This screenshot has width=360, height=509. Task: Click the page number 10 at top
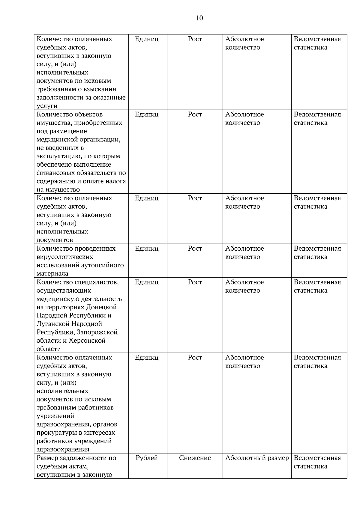[x=199, y=18]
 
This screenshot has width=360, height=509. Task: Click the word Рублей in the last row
[x=147, y=458]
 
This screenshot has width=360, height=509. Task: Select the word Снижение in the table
[x=195, y=458]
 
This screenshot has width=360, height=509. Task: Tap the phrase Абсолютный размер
[x=257, y=458]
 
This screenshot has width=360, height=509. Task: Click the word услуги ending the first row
[x=47, y=106]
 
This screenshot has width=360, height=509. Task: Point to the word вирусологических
[x=65, y=257]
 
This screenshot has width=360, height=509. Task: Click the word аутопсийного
[x=103, y=265]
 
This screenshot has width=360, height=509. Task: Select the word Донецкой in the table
[x=101, y=307]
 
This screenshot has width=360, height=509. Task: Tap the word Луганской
[x=53, y=324]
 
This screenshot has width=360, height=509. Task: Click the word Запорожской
[x=97, y=332]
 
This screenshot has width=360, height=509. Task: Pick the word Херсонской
[x=87, y=341]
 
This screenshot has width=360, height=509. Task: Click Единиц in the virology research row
[x=147, y=249]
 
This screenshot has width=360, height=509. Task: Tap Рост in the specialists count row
[x=195, y=282]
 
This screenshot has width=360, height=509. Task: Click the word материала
[x=52, y=274]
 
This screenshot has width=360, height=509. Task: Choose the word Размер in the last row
[x=47, y=458]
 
